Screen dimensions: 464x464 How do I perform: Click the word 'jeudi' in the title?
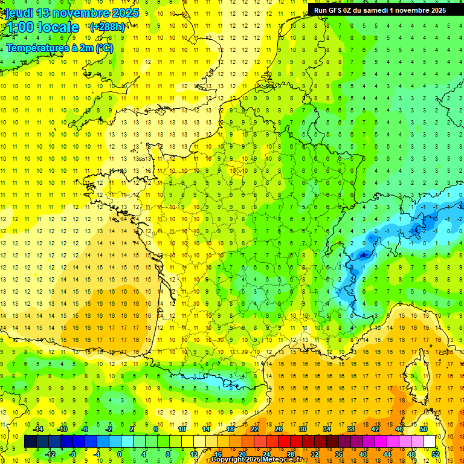click(20, 13)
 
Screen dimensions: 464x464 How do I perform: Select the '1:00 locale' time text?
click(42, 28)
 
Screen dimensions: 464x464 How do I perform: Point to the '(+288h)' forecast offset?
click(108, 27)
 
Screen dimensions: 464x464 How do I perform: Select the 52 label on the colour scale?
click(436, 454)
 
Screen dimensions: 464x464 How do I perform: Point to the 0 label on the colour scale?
click(119, 454)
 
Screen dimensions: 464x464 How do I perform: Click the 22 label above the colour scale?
click(254, 429)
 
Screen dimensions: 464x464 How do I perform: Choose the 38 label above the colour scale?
click(351, 429)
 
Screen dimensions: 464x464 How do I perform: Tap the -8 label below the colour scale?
click(73, 454)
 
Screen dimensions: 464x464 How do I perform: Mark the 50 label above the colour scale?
click(424, 429)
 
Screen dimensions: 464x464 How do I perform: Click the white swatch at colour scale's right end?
click(430, 442)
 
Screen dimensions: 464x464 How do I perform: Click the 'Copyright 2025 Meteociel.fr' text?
click(256, 460)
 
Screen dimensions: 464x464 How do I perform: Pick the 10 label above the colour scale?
click(182, 429)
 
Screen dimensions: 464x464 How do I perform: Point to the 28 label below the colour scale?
click(291, 454)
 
